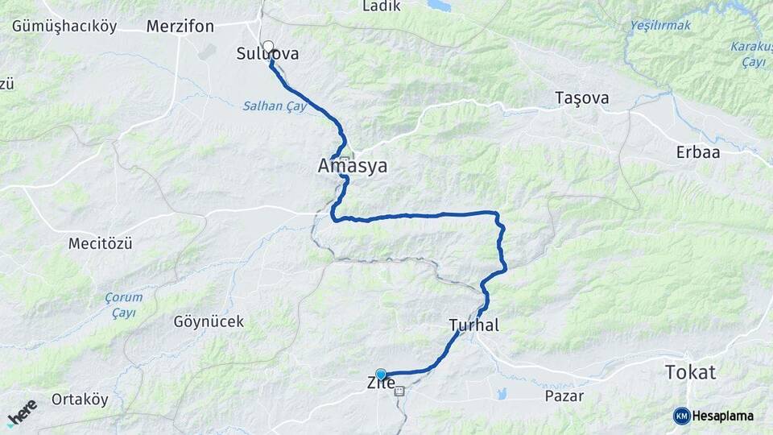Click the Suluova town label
(268, 55)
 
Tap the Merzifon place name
(180, 27)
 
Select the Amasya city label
(353, 167)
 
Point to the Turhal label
(474, 325)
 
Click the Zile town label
(381, 383)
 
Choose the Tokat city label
(691, 372)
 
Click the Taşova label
(581, 99)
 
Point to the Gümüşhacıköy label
(64, 27)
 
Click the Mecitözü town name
(100, 243)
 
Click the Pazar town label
(564, 396)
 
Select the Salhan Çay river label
(275, 106)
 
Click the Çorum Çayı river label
(123, 304)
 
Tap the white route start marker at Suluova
(268, 46)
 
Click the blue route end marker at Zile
(381, 375)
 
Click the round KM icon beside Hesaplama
(682, 416)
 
